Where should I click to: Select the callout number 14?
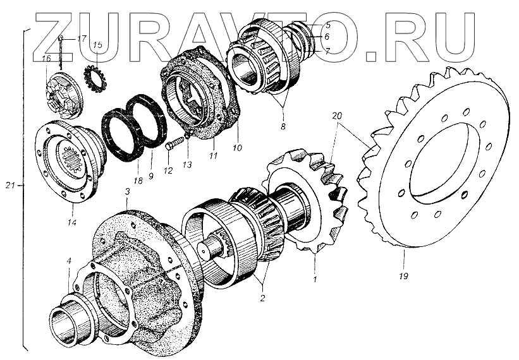pos(72,223)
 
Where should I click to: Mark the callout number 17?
pos(82,39)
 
